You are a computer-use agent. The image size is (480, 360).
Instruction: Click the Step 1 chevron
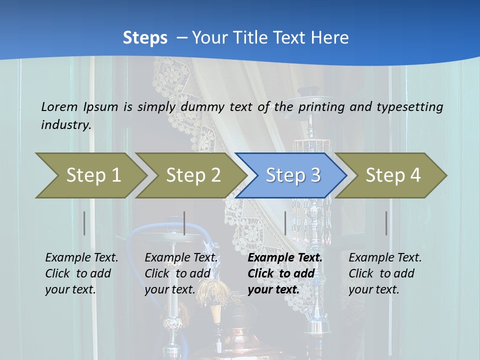pos(92,175)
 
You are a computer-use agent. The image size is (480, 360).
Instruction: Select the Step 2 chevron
pos(193,175)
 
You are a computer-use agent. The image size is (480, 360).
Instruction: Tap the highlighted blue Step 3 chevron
pos(293,175)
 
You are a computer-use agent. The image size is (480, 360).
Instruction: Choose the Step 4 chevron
pos(393,175)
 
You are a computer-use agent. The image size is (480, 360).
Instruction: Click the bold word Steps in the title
pos(145,38)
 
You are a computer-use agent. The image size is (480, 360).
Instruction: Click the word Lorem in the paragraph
pos(59,106)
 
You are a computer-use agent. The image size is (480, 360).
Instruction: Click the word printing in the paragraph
pos(321,106)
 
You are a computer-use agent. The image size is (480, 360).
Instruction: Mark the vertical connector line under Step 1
pos(84,223)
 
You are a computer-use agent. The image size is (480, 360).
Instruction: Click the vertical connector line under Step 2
pos(184,223)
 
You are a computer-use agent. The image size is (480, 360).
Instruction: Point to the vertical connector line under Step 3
pos(285,223)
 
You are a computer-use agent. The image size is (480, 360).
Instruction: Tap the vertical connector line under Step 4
pos(386,223)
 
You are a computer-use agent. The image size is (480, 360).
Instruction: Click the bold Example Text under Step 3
pos(285,257)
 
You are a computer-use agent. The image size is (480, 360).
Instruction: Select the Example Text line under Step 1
pos(81,257)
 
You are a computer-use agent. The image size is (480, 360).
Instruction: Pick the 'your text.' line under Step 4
pos(373,289)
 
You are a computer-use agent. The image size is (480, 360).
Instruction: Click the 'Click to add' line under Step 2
pos(177,273)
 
